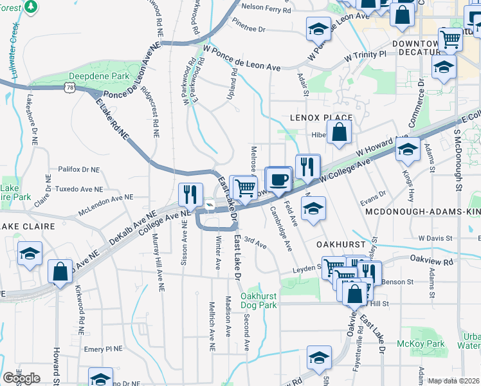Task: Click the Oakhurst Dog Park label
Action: click(x=259, y=300)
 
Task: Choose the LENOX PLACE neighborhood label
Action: click(x=321, y=118)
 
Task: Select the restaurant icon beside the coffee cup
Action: click(x=307, y=166)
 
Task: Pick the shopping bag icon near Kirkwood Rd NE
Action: click(x=60, y=271)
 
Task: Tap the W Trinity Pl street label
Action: click(x=365, y=55)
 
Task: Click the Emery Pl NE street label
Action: click(x=103, y=349)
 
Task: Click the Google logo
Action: click(x=21, y=378)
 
